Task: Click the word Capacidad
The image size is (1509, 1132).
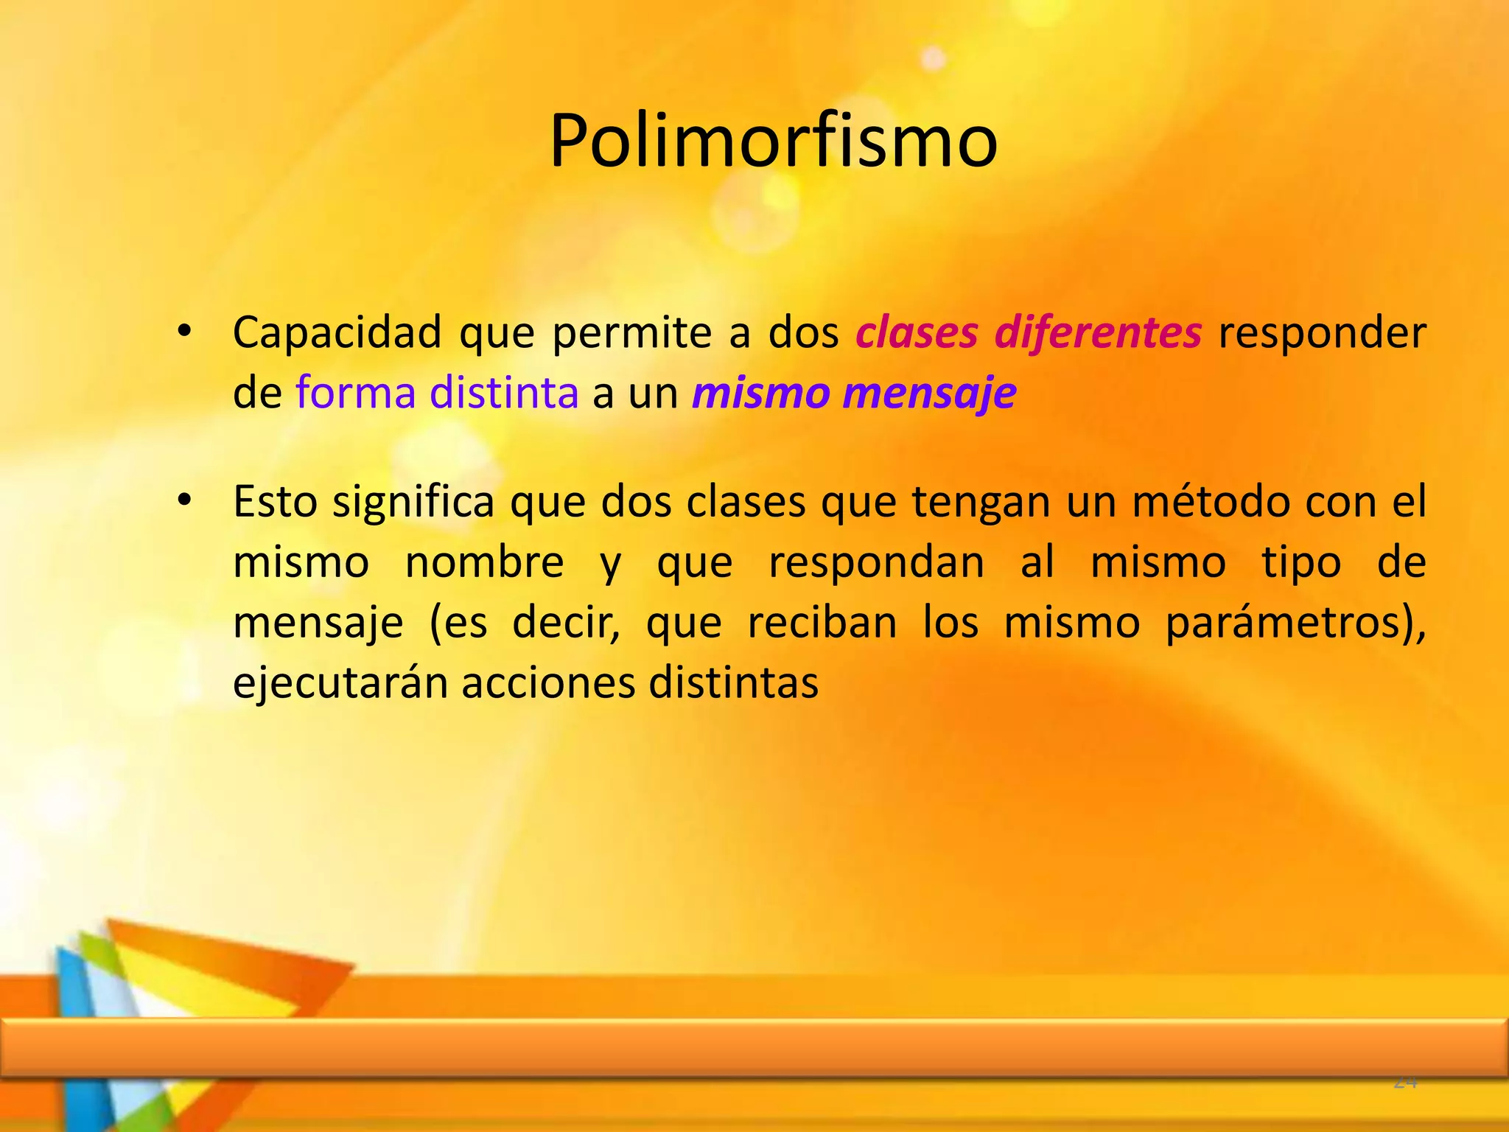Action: coord(337,333)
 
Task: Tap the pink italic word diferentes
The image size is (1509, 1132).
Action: coord(1098,333)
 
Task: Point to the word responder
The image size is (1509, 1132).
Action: coord(1322,333)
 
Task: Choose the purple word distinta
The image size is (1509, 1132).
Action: coord(504,393)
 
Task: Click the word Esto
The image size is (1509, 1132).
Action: coord(275,503)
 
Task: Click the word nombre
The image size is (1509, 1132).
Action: coord(485,563)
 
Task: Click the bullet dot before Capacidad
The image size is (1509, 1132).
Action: coord(184,332)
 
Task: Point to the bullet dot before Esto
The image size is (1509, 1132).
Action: coord(184,501)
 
